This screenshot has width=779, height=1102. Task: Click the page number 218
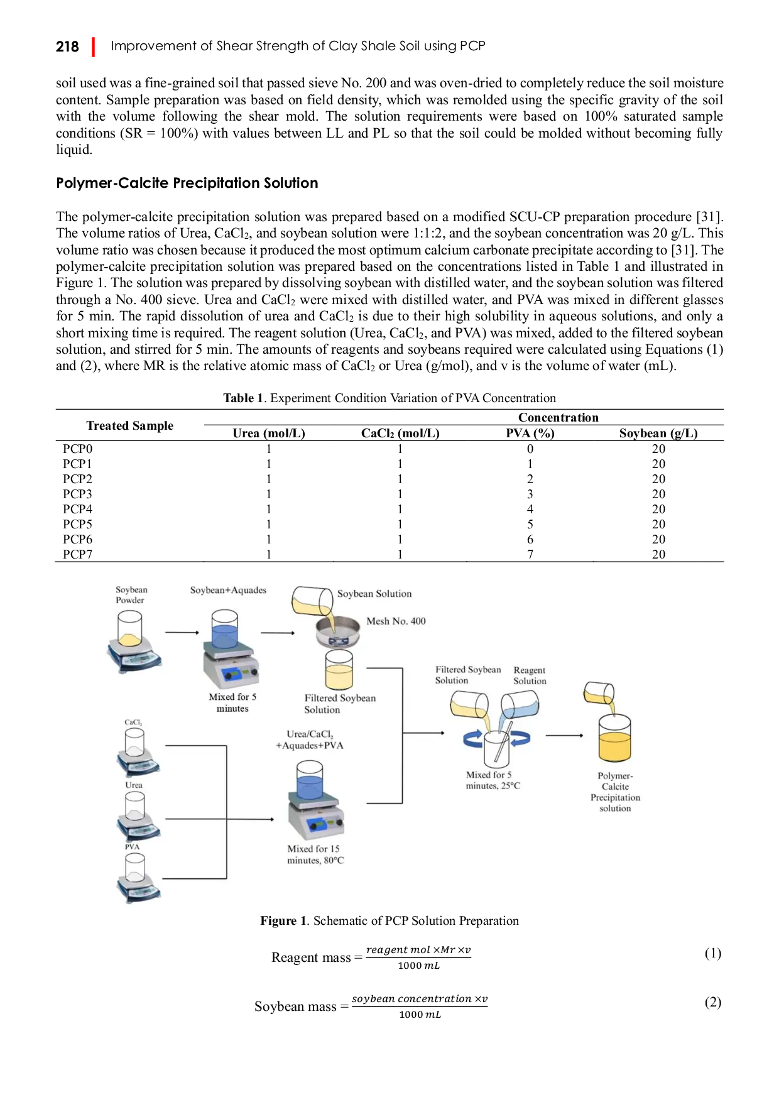click(x=67, y=46)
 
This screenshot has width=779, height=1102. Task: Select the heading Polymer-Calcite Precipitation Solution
click(x=187, y=183)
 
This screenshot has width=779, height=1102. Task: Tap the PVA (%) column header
click(x=530, y=433)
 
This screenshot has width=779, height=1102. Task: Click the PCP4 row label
click(x=77, y=509)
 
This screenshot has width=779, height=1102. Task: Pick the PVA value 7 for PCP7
click(x=530, y=554)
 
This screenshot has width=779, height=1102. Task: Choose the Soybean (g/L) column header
click(x=658, y=433)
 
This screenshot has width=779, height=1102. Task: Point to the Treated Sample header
click(x=130, y=425)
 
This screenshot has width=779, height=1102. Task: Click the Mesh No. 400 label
click(x=396, y=621)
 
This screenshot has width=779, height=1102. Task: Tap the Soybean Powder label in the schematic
click(x=131, y=594)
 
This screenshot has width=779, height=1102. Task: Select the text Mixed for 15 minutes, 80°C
click(x=315, y=854)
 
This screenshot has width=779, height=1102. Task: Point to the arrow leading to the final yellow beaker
click(x=564, y=735)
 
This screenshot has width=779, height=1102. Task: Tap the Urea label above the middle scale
click(x=134, y=785)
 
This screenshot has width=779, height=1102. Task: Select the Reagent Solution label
click(x=530, y=675)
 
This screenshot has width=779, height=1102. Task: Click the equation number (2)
click(x=712, y=1001)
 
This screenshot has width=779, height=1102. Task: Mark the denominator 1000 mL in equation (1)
click(x=419, y=966)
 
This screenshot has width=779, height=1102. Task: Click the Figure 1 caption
click(x=389, y=920)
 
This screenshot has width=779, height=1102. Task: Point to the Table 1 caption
click(x=389, y=398)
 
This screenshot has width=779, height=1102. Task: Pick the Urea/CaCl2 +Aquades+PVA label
click(x=310, y=739)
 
